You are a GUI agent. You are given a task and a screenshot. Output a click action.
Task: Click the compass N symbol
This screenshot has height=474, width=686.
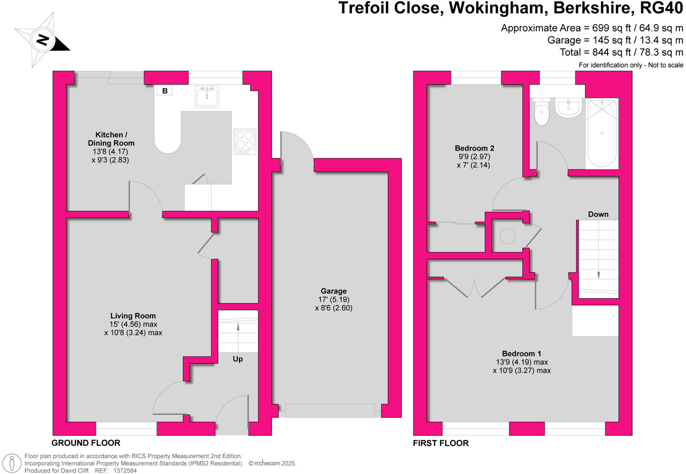(42, 40)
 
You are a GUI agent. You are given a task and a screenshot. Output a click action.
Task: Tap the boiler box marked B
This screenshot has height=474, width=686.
(165, 91)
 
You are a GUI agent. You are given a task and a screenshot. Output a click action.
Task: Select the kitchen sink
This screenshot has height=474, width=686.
(207, 97)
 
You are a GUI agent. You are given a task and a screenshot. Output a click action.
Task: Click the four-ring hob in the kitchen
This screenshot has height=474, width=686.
(245, 142)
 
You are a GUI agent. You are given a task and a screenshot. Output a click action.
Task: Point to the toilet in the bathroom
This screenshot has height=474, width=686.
(542, 111)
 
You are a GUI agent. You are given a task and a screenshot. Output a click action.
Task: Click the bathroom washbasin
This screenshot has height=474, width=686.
(569, 107)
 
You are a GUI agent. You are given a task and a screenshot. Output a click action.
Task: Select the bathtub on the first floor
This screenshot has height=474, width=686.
(602, 133)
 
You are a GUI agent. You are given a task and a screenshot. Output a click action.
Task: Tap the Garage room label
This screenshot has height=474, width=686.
(334, 291)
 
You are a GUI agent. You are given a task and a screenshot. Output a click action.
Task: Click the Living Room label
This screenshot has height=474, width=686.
(133, 316)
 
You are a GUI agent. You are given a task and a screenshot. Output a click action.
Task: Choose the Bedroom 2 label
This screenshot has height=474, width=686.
(474, 148)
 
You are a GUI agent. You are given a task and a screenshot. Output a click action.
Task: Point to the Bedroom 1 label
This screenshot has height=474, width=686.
(521, 354)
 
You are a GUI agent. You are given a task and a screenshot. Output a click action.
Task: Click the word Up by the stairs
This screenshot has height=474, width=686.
(238, 359)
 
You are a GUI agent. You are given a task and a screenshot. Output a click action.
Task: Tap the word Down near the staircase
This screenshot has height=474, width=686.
(598, 214)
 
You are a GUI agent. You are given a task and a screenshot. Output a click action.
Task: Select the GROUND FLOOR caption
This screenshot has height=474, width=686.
(86, 443)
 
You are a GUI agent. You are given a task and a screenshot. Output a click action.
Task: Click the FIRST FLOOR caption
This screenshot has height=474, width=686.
(440, 443)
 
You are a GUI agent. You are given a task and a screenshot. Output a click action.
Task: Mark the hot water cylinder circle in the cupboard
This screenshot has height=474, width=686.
(508, 236)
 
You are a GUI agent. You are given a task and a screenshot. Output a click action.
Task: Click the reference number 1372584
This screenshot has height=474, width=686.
(125, 471)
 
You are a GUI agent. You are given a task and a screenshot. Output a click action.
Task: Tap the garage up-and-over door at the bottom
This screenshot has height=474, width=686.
(329, 411)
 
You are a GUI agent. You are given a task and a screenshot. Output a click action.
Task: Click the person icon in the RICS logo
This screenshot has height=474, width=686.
(12, 463)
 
